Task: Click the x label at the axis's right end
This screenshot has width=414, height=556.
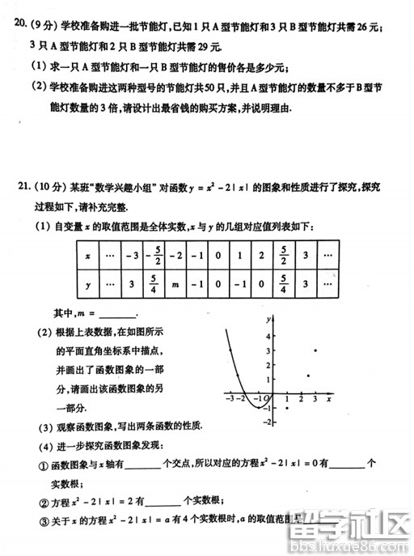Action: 329,399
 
